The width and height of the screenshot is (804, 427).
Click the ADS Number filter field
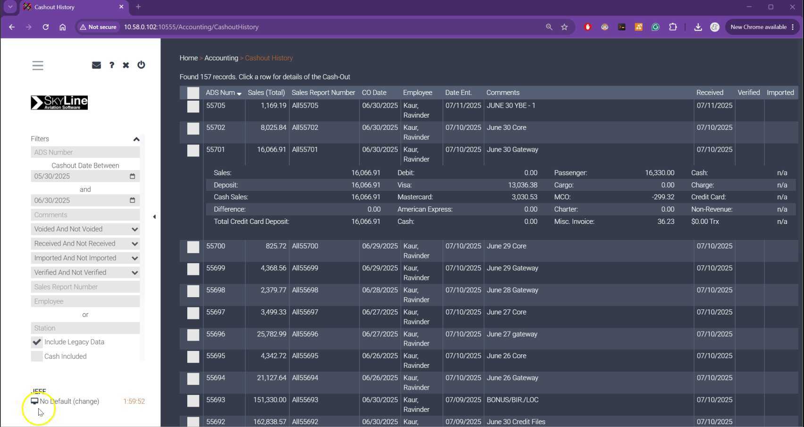pyautogui.click(x=85, y=152)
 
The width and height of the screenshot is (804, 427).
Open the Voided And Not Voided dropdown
pyautogui.click(x=85, y=229)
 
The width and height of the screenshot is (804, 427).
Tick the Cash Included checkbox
pyautogui.click(x=37, y=356)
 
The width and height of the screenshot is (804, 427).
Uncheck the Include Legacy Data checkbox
pyautogui.click(x=37, y=342)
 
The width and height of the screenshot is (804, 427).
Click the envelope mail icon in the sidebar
pyautogui.click(x=96, y=65)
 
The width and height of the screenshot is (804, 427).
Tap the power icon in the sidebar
pyautogui.click(x=141, y=65)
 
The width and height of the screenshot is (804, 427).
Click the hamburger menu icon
pyautogui.click(x=38, y=65)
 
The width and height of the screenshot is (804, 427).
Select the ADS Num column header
pyautogui.click(x=220, y=93)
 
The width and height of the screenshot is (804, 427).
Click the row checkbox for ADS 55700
pyautogui.click(x=193, y=247)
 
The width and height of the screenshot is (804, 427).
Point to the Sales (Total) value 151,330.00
pyautogui.click(x=269, y=400)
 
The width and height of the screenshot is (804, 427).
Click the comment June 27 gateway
pyautogui.click(x=512, y=334)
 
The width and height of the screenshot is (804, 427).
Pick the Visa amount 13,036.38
pyautogui.click(x=523, y=185)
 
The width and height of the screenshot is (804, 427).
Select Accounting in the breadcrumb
pyautogui.click(x=221, y=58)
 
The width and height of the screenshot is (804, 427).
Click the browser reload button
pyautogui.click(x=46, y=27)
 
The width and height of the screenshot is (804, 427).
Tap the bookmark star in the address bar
pyautogui.click(x=564, y=27)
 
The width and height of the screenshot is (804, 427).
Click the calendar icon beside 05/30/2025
pyautogui.click(x=133, y=176)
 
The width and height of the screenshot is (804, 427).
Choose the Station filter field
pyautogui.click(x=85, y=328)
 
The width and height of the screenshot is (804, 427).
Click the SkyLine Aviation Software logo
pyautogui.click(x=59, y=102)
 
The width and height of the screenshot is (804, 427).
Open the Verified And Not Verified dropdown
pyautogui.click(x=85, y=273)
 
